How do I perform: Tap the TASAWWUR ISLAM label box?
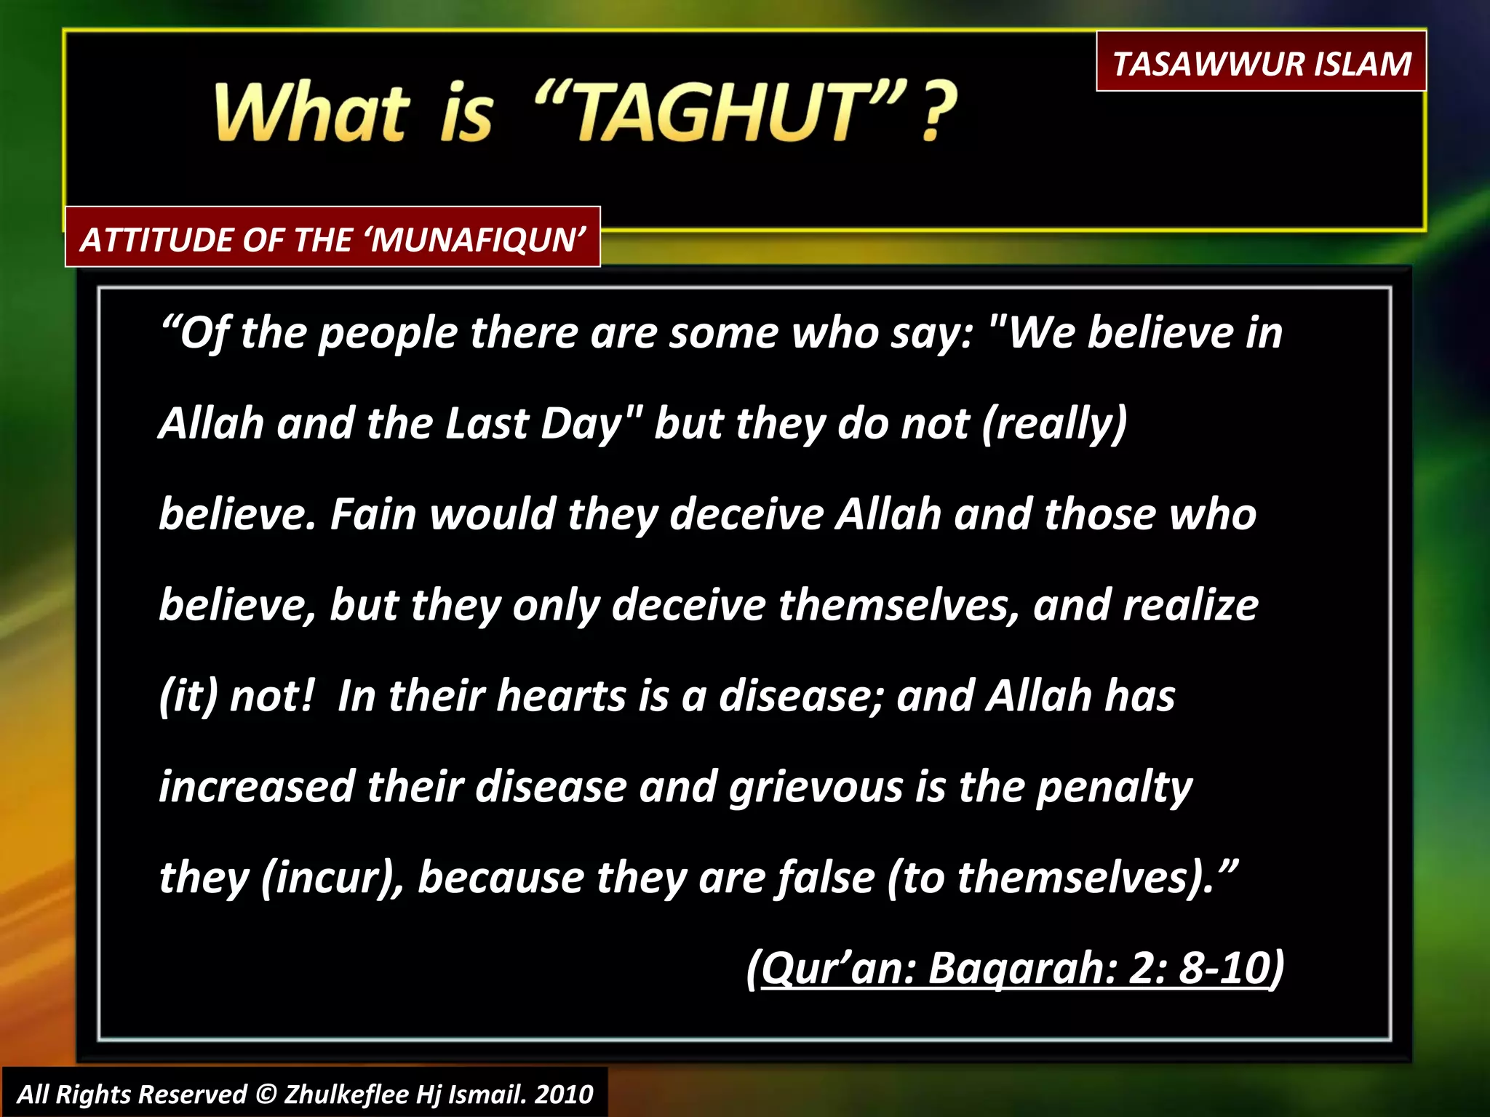pyautogui.click(x=1261, y=63)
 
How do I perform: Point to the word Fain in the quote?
pyautogui.click(x=372, y=514)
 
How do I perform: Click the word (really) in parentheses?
pyautogui.click(x=1054, y=424)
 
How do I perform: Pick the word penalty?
pyautogui.click(x=1114, y=788)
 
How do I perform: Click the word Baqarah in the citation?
pyautogui.click(x=1022, y=969)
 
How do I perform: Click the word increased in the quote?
pyautogui.click(x=256, y=788)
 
